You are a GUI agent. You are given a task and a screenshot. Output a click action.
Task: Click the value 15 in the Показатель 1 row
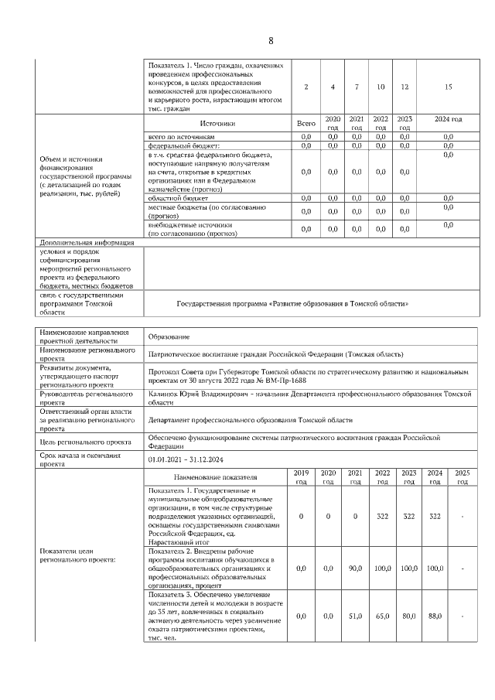[448, 87]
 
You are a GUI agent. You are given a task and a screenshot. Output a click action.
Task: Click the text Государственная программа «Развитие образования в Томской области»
[292, 304]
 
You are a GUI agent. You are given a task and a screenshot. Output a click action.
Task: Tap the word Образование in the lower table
[169, 336]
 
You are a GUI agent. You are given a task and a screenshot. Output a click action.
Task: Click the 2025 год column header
[462, 476]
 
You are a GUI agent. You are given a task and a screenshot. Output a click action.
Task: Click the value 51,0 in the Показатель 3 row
[355, 616]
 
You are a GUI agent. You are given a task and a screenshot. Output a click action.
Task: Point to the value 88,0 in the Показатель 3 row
[435, 616]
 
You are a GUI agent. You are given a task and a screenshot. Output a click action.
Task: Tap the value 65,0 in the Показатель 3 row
[382, 616]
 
